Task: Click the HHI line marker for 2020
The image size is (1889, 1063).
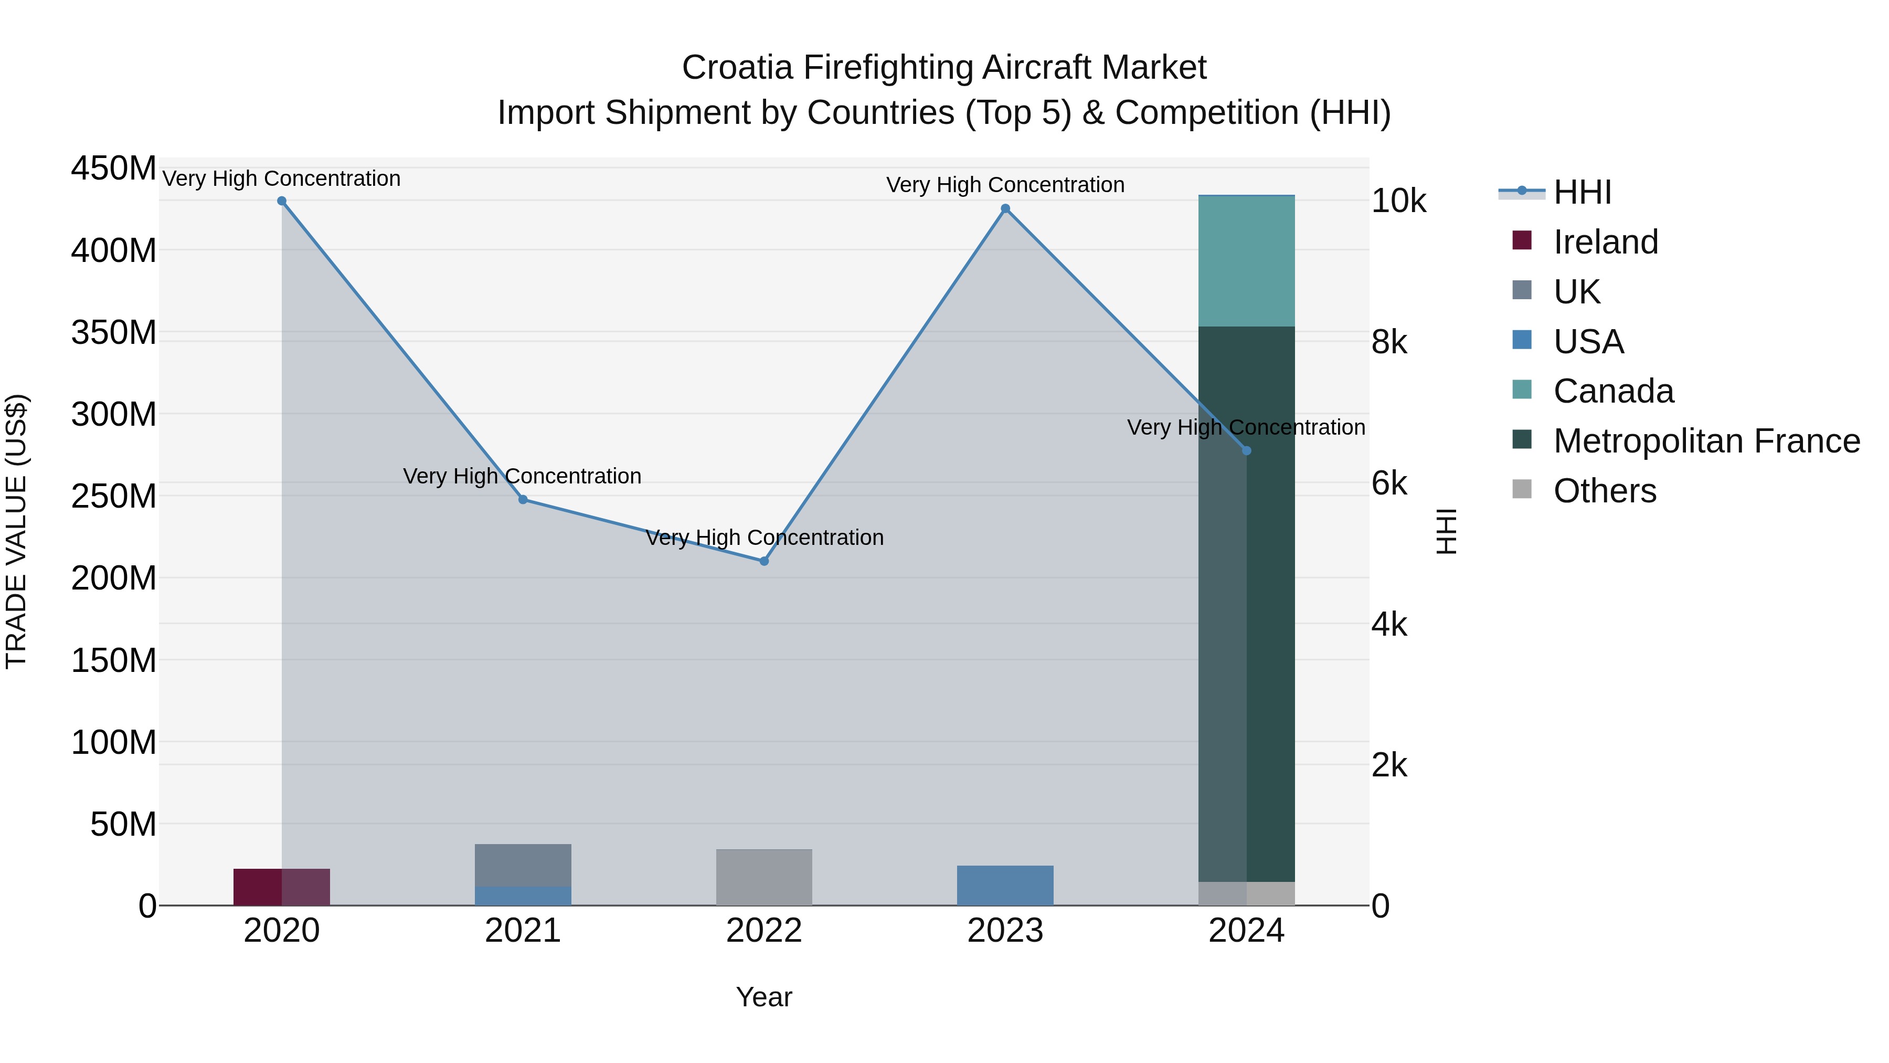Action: pyautogui.click(x=282, y=201)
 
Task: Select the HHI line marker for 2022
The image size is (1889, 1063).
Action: pyautogui.click(x=764, y=561)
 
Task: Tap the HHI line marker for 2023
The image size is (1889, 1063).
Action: pyautogui.click(x=1005, y=208)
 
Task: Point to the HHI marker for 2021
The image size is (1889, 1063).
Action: pyautogui.click(x=523, y=500)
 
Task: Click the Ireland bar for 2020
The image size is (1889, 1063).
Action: pyautogui.click(x=282, y=887)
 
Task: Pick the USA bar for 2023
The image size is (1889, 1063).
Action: pyautogui.click(x=1005, y=886)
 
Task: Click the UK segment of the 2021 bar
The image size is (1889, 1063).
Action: pyautogui.click(x=523, y=865)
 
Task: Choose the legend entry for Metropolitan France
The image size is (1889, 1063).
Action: pyautogui.click(x=1706, y=441)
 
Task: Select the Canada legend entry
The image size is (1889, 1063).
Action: pyautogui.click(x=1614, y=391)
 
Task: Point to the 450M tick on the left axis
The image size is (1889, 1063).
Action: pyautogui.click(x=114, y=169)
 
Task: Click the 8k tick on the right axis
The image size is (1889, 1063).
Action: pyautogui.click(x=1389, y=343)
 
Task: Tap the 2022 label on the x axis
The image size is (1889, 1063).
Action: pyautogui.click(x=764, y=931)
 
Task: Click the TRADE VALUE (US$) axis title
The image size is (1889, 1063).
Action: pyautogui.click(x=16, y=531)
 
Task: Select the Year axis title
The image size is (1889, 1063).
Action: pyautogui.click(x=764, y=997)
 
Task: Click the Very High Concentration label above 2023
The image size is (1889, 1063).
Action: pyautogui.click(x=1005, y=185)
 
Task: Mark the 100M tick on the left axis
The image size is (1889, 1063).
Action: pyautogui.click(x=114, y=742)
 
